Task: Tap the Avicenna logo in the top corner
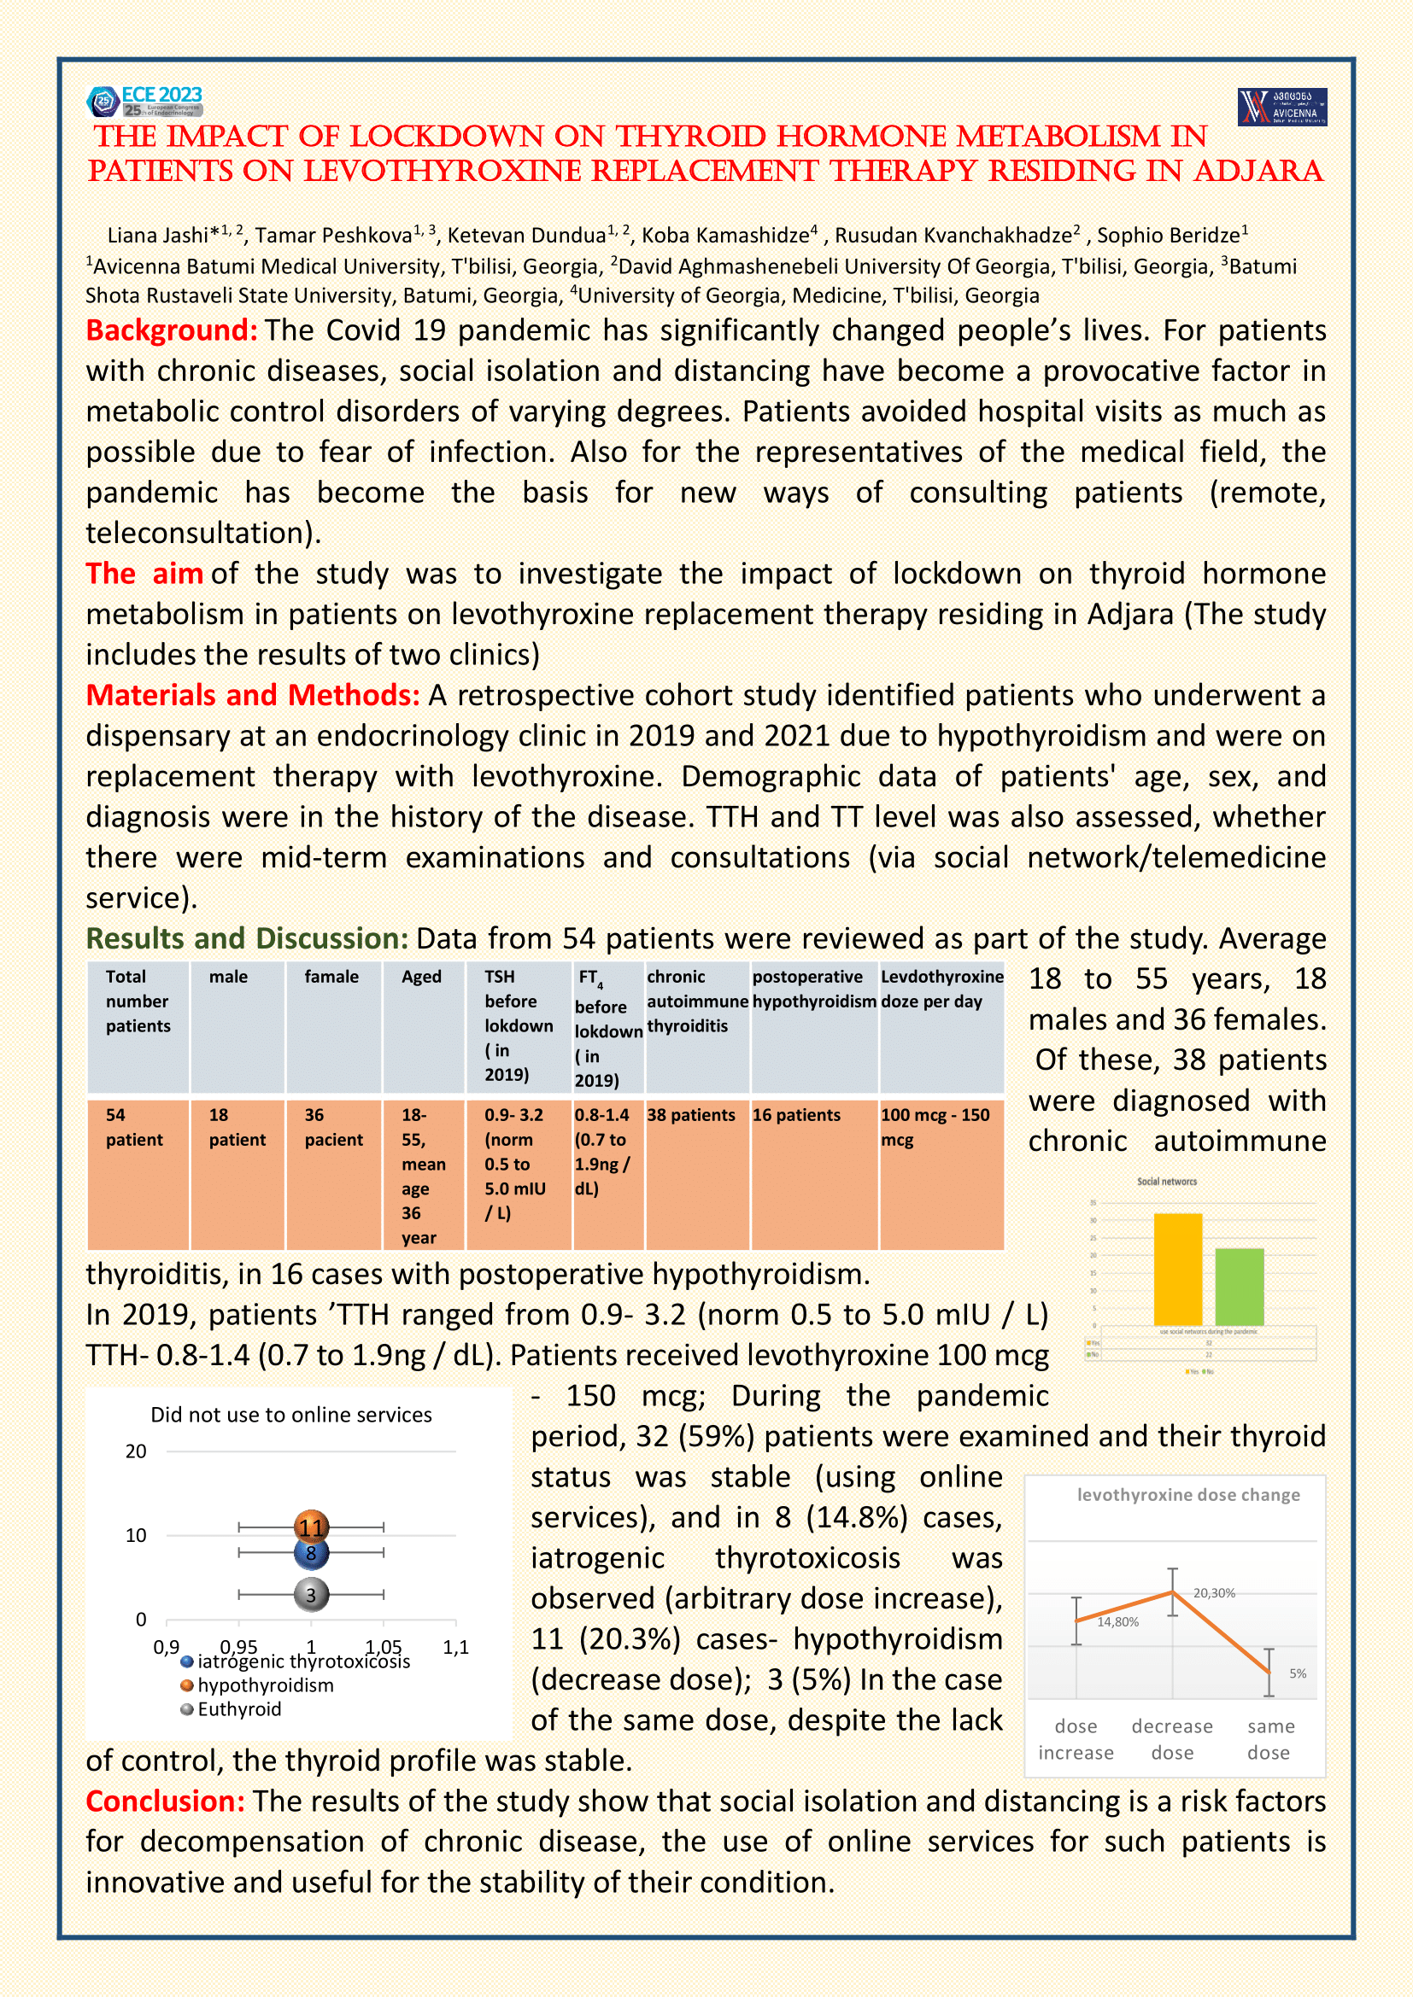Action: [x=1281, y=106]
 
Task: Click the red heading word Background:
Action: [x=172, y=330]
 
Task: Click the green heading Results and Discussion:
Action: [x=247, y=938]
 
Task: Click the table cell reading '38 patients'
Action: [x=691, y=1115]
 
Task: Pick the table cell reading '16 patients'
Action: [x=796, y=1115]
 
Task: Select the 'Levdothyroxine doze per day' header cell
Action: [x=941, y=989]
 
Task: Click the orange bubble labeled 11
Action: [x=312, y=1527]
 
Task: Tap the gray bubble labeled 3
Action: [x=312, y=1594]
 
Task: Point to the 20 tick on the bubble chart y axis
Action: [x=136, y=1451]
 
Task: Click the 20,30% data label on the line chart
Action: [x=1214, y=1592]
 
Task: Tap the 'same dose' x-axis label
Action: [x=1269, y=1738]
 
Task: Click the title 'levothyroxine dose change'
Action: [x=1187, y=1494]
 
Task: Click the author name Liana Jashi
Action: [x=162, y=236]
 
